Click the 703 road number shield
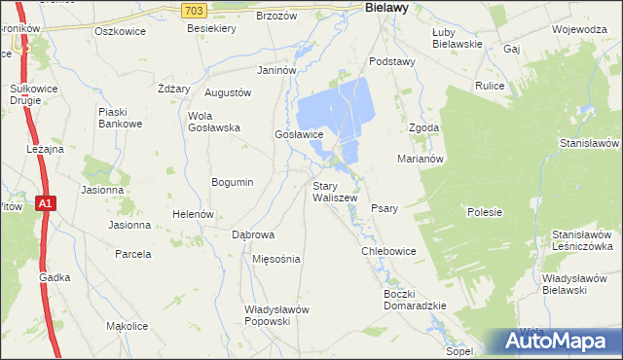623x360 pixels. coord(194,9)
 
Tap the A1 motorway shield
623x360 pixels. coord(46,203)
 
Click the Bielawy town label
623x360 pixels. coord(385,7)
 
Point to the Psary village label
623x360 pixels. coord(385,208)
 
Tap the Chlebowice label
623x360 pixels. coord(388,251)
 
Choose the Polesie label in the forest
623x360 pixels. coord(484,212)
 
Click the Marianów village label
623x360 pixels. coord(421,159)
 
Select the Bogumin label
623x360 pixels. coord(233,182)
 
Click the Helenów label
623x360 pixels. coord(192,214)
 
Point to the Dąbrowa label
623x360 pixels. coord(253,235)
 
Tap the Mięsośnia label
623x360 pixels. coord(276,260)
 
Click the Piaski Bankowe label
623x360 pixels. coord(121,118)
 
